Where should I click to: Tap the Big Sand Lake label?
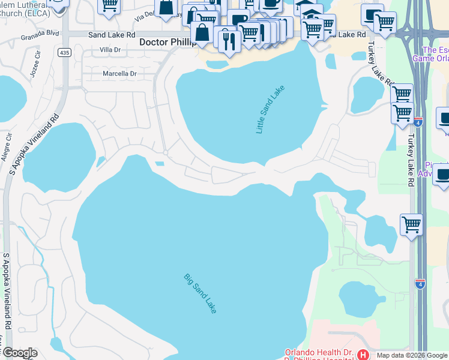pos(200,293)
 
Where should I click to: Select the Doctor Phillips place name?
pos(167,43)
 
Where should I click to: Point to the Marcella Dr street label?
pos(118,73)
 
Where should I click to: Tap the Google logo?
pos(20,353)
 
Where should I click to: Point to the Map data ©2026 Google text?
pos(412,355)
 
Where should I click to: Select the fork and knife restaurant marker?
pos(229,40)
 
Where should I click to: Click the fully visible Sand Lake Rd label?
pos(112,35)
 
